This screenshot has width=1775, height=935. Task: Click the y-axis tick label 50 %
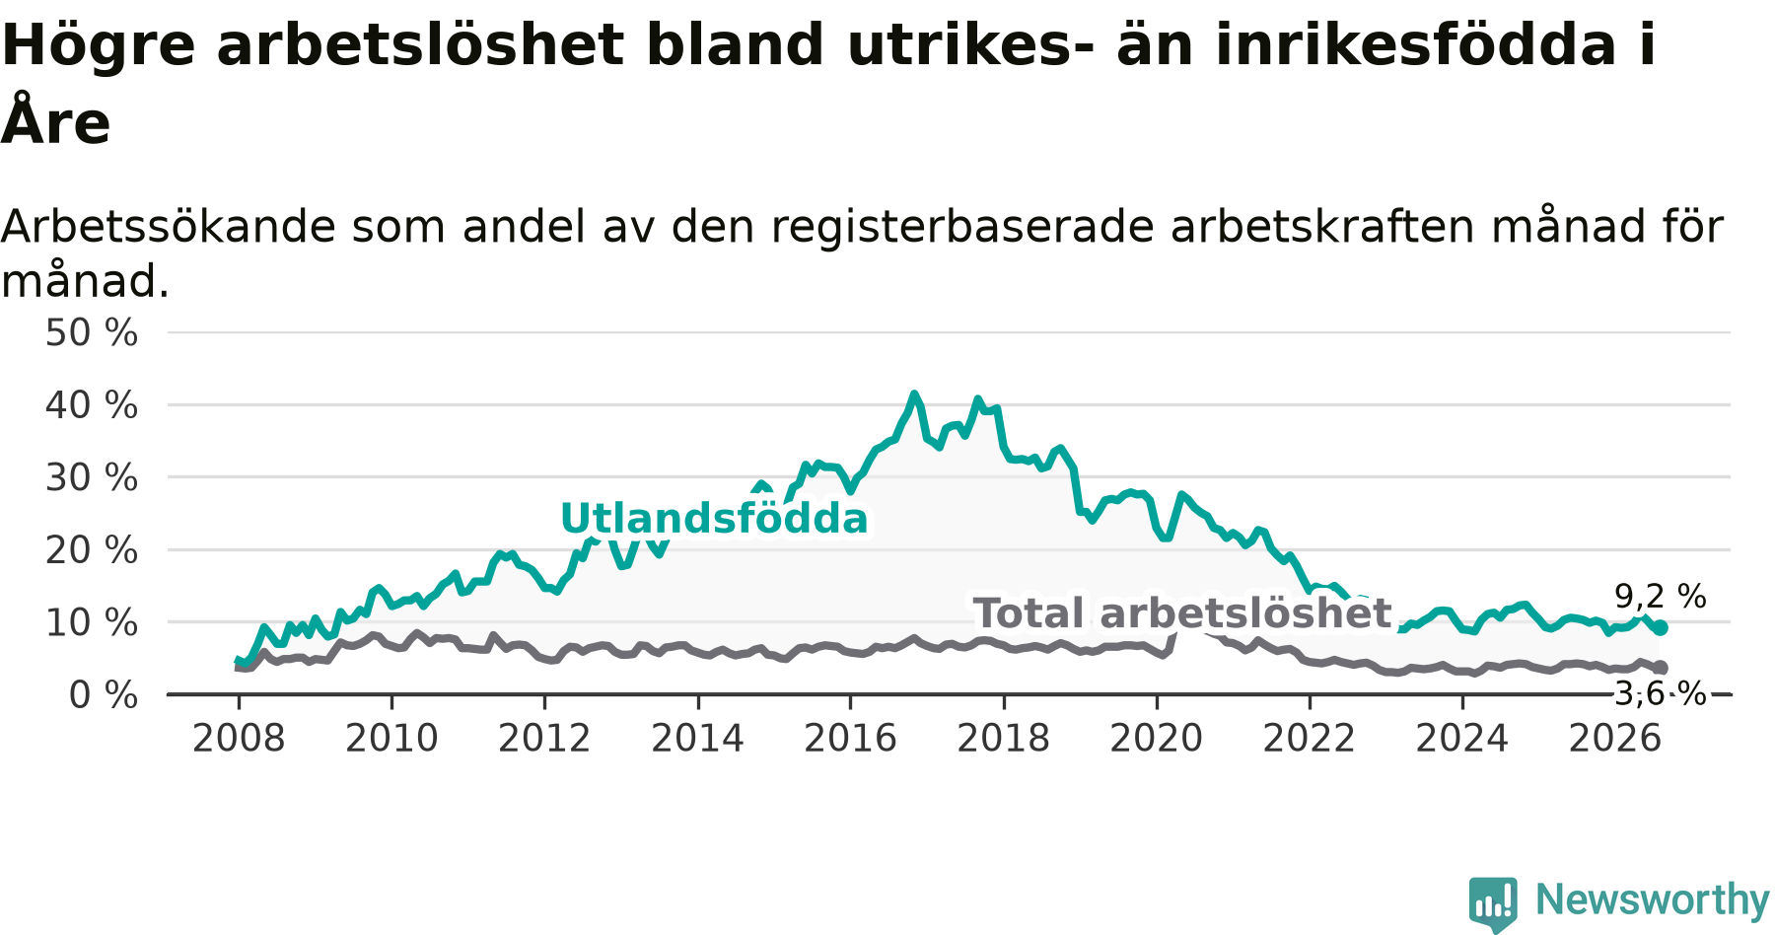pos(92,333)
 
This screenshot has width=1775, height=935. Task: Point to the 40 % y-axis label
pos(92,405)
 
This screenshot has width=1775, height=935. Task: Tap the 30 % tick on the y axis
pos(92,478)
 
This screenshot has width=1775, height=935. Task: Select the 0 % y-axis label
pos(104,695)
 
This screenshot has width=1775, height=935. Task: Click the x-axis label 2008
pos(239,739)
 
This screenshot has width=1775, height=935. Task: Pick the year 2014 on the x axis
pos(697,739)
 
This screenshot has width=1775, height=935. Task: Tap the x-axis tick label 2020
pos(1157,739)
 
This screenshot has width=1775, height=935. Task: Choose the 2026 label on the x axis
pos(1615,739)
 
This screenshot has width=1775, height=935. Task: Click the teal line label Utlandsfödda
pos(714,519)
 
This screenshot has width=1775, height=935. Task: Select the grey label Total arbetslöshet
pos(1182,613)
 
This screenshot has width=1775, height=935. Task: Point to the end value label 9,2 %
pos(1661,597)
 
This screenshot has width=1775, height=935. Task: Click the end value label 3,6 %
pos(1661,693)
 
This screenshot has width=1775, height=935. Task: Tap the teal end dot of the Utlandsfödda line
pos(1661,627)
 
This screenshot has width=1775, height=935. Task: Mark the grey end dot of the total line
pos(1661,668)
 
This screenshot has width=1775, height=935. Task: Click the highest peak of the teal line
pos(914,395)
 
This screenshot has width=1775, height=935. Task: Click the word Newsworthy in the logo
pos(1653,899)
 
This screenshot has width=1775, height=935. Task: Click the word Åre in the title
pos(55,121)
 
